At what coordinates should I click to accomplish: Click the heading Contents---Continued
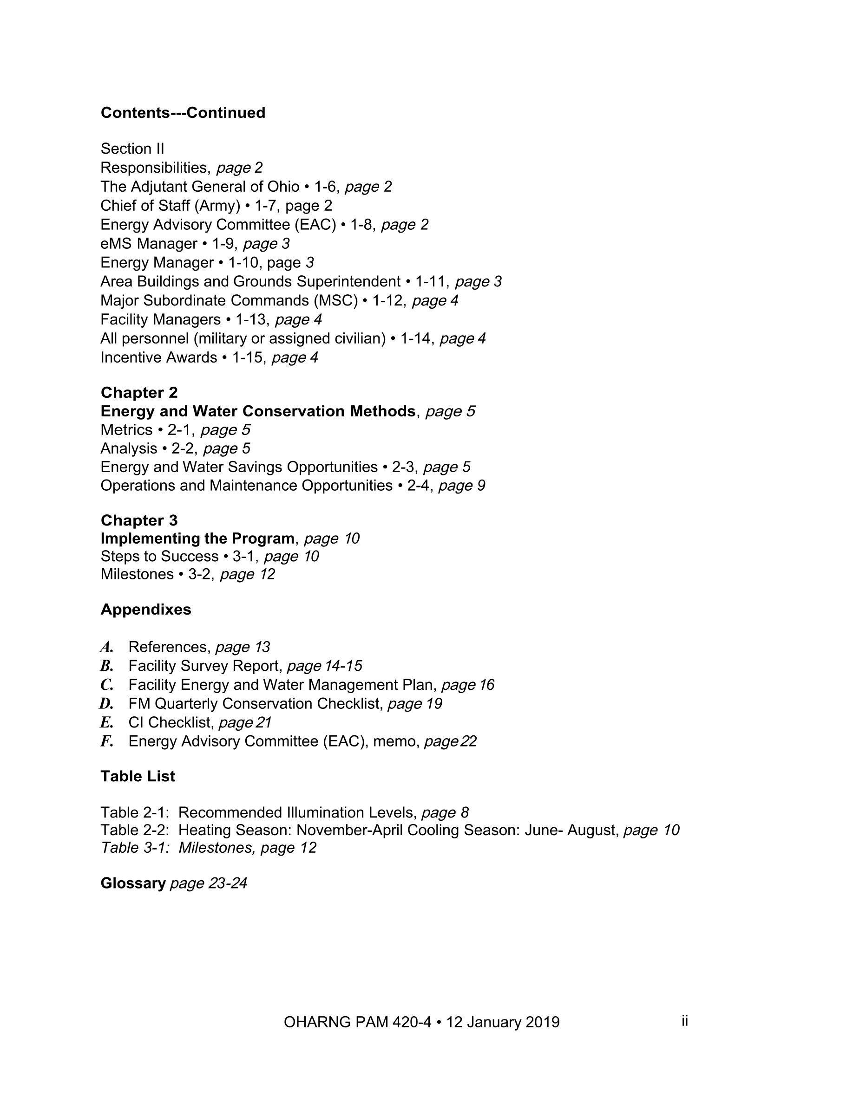183,113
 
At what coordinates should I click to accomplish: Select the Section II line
132,149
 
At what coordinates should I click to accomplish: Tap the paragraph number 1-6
325,187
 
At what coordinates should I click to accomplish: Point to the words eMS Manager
149,244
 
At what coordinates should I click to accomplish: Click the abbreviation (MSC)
335,300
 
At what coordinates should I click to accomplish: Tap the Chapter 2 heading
139,392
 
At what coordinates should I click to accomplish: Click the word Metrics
126,430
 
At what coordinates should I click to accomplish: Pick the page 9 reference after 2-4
461,486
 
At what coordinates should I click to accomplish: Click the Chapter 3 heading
139,520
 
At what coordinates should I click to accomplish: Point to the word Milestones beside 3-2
137,574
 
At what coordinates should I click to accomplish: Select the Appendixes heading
145,610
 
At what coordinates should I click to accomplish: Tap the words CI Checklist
169,723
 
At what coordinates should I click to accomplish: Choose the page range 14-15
343,666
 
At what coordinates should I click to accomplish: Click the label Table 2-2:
134,830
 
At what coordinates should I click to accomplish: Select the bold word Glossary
133,883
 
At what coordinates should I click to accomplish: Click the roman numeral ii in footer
684,1021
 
